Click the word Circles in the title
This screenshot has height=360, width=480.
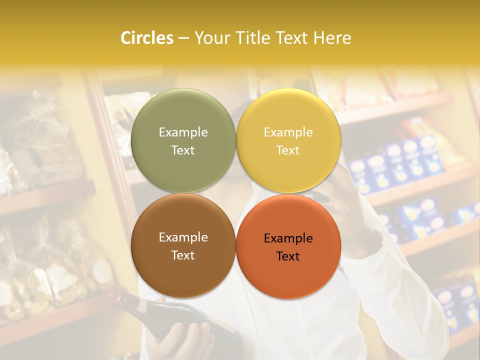(x=147, y=38)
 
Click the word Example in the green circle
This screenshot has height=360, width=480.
(x=183, y=132)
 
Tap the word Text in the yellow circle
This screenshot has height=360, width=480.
(x=288, y=150)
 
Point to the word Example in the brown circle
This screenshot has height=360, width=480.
(x=183, y=237)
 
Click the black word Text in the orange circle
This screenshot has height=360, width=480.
(x=288, y=256)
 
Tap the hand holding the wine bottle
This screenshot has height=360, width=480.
(x=182, y=340)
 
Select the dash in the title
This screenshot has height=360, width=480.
(x=183, y=38)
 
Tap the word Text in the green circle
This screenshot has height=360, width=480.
(x=183, y=150)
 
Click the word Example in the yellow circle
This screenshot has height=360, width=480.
(x=288, y=132)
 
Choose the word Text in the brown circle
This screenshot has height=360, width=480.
(x=183, y=255)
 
